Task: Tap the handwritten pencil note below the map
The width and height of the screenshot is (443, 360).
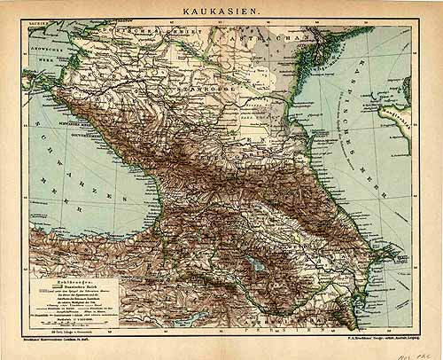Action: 420,350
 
